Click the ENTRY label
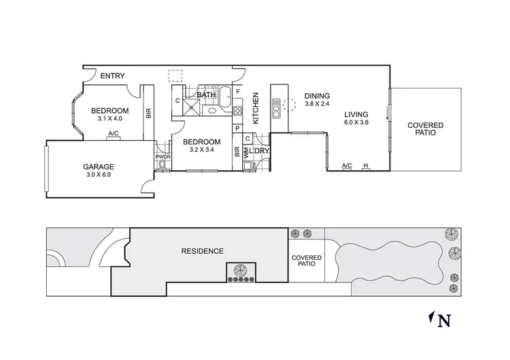point(112,76)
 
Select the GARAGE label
point(99,166)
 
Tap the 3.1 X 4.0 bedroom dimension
point(109,118)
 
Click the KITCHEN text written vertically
point(256,108)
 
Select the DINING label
point(317,96)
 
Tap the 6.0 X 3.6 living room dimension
point(356,122)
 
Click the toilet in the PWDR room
point(162,164)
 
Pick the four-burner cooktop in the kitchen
point(238,107)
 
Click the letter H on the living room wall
point(366,165)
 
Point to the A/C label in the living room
point(347,165)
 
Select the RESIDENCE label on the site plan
point(202,251)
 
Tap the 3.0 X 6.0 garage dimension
point(99,174)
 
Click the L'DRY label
point(258,150)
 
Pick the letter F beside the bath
point(238,91)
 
